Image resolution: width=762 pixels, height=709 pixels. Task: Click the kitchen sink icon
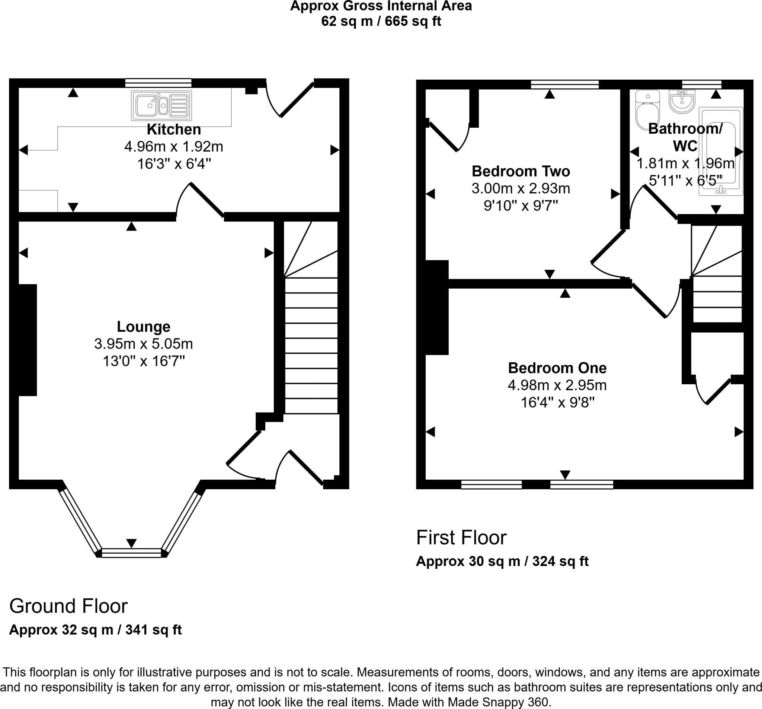(x=161, y=105)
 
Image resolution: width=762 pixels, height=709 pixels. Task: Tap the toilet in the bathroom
(x=647, y=110)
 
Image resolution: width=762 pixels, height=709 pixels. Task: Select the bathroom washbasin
(x=682, y=101)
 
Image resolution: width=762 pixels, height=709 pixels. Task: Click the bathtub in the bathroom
(x=721, y=151)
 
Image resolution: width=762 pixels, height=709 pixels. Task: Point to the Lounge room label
(x=143, y=327)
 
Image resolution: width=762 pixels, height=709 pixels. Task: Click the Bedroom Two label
(x=521, y=171)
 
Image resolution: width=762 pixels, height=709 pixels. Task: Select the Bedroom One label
(x=557, y=368)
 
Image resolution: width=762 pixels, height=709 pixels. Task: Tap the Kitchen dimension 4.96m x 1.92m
(x=174, y=147)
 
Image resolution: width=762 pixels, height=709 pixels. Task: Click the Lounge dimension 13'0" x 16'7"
(x=144, y=361)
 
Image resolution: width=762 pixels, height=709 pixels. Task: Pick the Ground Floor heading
(x=68, y=606)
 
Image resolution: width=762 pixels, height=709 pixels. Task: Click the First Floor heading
(x=461, y=537)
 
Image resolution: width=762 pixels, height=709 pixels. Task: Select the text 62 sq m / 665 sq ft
(x=381, y=21)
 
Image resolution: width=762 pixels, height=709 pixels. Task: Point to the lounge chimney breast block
(x=28, y=340)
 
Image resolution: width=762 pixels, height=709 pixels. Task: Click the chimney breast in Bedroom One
(x=437, y=308)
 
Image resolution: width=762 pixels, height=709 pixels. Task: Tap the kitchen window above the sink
(x=158, y=83)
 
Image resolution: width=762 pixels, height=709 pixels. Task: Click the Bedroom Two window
(x=564, y=85)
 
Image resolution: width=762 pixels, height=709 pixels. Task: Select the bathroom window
(x=702, y=85)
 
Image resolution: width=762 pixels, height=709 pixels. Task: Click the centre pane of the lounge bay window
(x=131, y=553)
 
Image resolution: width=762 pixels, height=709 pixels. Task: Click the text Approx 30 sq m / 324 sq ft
(x=502, y=561)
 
